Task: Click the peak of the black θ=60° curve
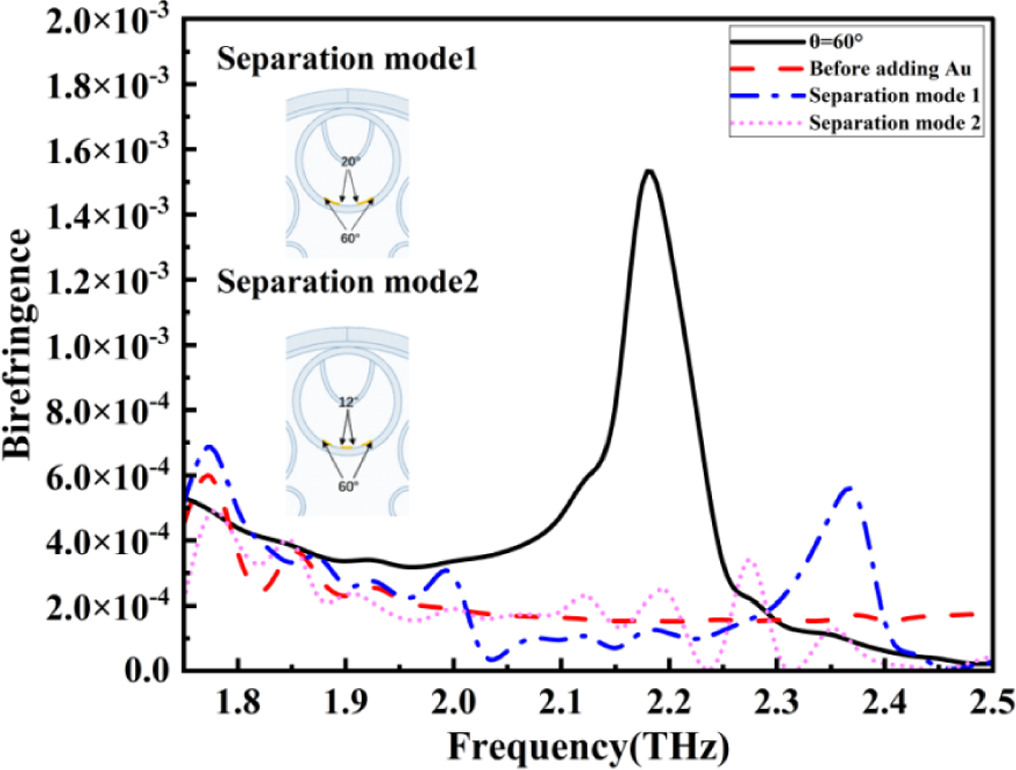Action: click(649, 171)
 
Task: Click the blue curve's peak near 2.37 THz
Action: click(849, 487)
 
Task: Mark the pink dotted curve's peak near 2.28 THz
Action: click(746, 562)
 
